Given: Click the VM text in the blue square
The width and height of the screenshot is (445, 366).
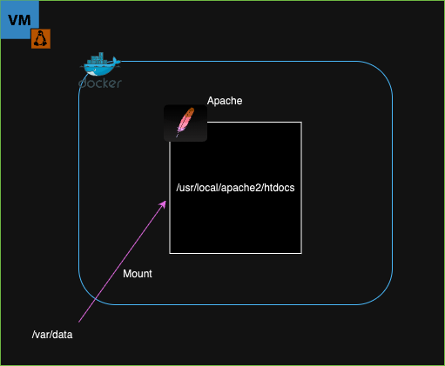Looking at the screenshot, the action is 19,20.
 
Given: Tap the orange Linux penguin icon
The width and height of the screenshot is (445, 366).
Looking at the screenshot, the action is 41,38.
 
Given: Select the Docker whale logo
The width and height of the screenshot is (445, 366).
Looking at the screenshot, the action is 100,64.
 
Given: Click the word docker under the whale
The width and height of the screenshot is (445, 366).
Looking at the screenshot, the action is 100,83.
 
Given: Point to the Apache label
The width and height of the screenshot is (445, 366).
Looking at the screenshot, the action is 225,101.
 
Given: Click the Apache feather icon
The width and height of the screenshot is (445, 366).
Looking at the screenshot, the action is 185,123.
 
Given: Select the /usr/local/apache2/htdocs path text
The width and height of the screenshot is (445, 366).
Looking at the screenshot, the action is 235,188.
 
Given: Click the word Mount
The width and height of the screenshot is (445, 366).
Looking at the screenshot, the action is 138,274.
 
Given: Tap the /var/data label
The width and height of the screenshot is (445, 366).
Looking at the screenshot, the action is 52,335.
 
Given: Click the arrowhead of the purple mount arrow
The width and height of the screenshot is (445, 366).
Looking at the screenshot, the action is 163,204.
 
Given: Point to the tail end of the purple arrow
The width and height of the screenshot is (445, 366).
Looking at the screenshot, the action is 78,322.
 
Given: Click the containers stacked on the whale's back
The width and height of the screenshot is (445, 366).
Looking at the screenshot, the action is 98,58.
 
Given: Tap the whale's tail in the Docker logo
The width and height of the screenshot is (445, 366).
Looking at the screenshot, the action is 116,61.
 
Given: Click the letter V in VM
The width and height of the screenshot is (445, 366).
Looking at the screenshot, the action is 13,20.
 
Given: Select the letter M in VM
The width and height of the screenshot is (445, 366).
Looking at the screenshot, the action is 25,20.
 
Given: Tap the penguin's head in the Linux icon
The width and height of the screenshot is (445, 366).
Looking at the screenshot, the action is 41,33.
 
